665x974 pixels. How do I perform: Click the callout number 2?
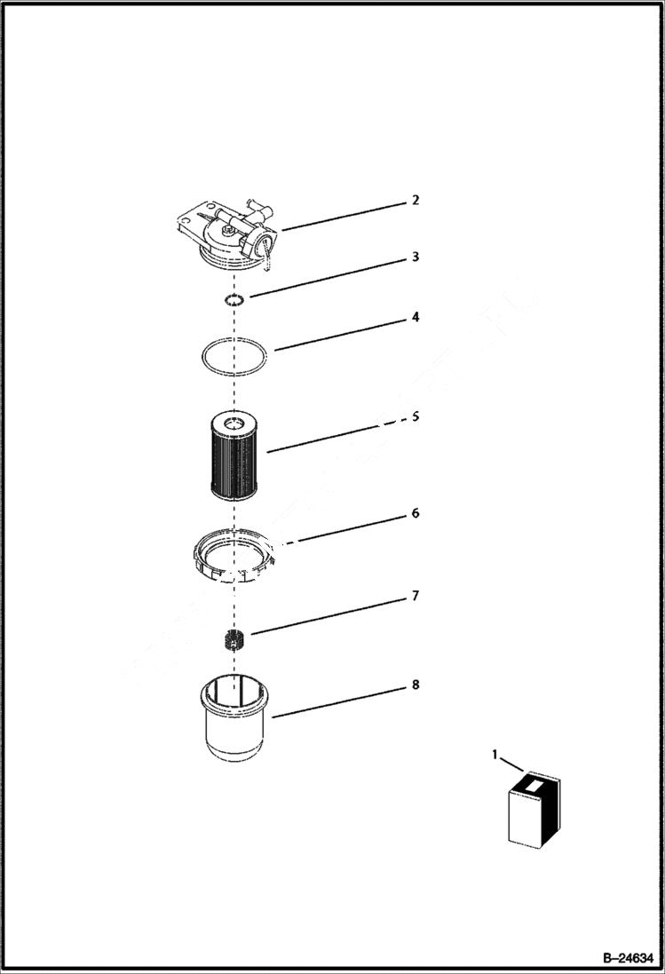[x=415, y=200]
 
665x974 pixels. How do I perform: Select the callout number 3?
[x=415, y=257]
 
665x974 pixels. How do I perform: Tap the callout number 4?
[x=415, y=317]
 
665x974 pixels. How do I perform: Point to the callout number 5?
[x=415, y=416]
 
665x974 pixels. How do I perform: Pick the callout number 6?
[x=415, y=513]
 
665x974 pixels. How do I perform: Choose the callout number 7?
[x=415, y=596]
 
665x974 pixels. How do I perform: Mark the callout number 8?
[x=415, y=685]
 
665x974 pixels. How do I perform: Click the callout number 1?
[x=495, y=755]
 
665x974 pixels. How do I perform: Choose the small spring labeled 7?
[x=234, y=638]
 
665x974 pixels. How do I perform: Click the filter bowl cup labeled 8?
[x=233, y=719]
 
